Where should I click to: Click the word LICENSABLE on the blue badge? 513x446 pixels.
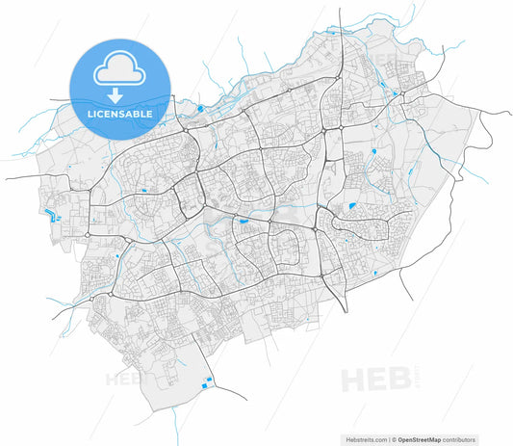[119, 114]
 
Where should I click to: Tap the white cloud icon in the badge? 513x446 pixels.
[119, 72]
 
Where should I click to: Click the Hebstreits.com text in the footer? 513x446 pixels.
[367, 438]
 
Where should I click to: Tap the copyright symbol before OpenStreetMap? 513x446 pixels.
[396, 438]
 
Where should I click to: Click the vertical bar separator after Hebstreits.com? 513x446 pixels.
[391, 438]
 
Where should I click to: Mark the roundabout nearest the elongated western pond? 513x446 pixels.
[88, 233]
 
